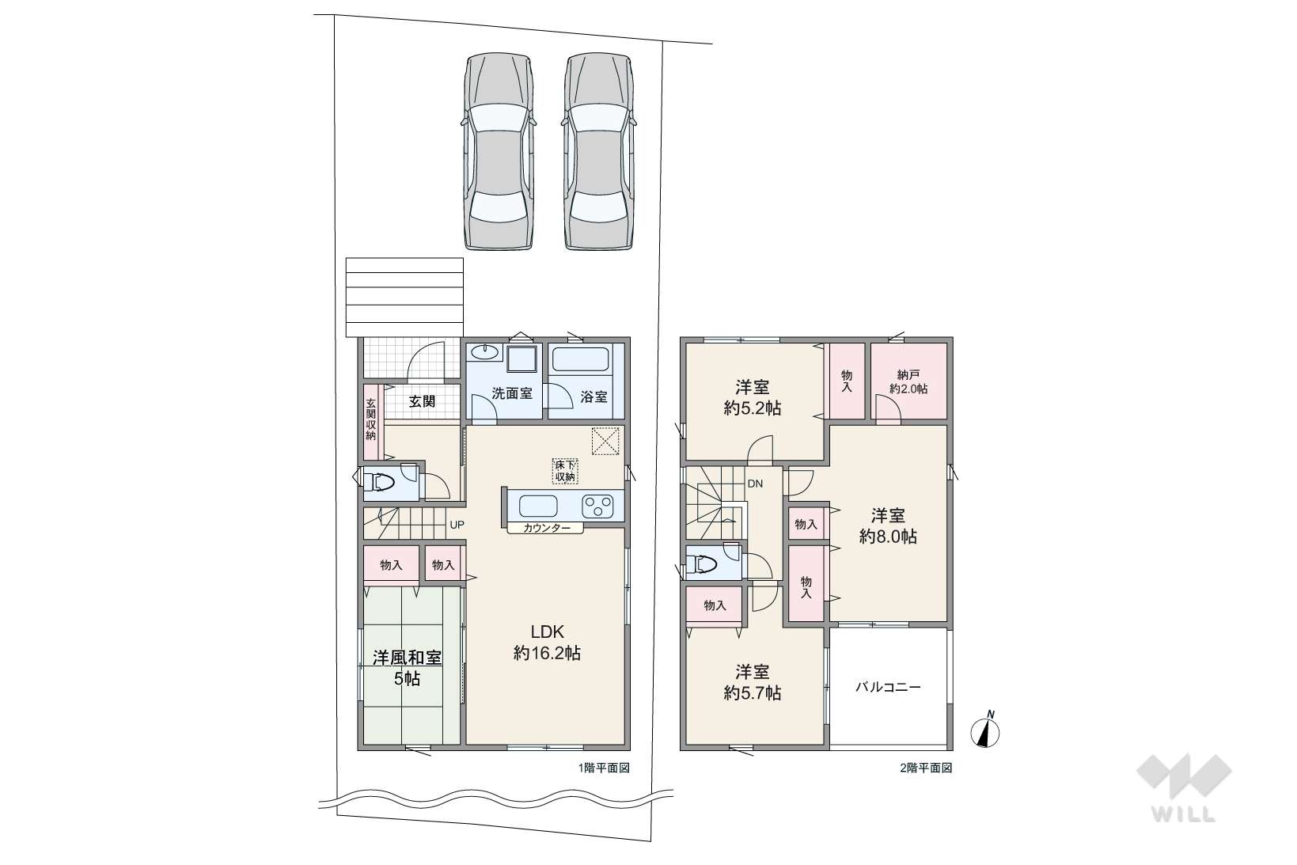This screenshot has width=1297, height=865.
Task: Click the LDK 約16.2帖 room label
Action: pyautogui.click(x=547, y=642)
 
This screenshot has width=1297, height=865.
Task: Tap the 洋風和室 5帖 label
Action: pyautogui.click(x=407, y=668)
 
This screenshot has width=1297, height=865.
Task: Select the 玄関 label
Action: pyautogui.click(x=422, y=401)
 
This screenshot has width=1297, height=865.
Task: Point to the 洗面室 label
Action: pyautogui.click(x=512, y=393)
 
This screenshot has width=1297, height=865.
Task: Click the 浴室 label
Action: pyautogui.click(x=594, y=397)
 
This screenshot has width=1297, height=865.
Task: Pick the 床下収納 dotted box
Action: pyautogui.click(x=565, y=472)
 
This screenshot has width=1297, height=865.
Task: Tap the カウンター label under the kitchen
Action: pyautogui.click(x=547, y=528)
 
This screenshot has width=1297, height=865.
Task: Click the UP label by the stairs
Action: pyautogui.click(x=457, y=525)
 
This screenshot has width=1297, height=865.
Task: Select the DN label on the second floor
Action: pyautogui.click(x=755, y=484)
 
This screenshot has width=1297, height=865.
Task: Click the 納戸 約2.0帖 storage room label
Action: pyautogui.click(x=908, y=382)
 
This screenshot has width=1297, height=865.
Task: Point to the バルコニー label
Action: pyautogui.click(x=888, y=687)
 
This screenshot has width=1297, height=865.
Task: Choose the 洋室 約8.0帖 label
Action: pyautogui.click(x=888, y=525)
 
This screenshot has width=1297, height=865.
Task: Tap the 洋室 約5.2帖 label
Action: pyautogui.click(x=752, y=397)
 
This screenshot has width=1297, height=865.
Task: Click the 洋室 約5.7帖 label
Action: pyautogui.click(x=752, y=683)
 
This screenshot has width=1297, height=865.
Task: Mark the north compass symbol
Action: pyautogui.click(x=985, y=730)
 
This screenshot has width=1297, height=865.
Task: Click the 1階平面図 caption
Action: pyautogui.click(x=604, y=768)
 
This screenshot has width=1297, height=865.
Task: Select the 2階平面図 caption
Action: pyautogui.click(x=927, y=768)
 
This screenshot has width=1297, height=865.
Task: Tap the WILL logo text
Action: pyautogui.click(x=1184, y=814)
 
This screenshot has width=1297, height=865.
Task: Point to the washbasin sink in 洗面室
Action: pyautogui.click(x=484, y=353)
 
